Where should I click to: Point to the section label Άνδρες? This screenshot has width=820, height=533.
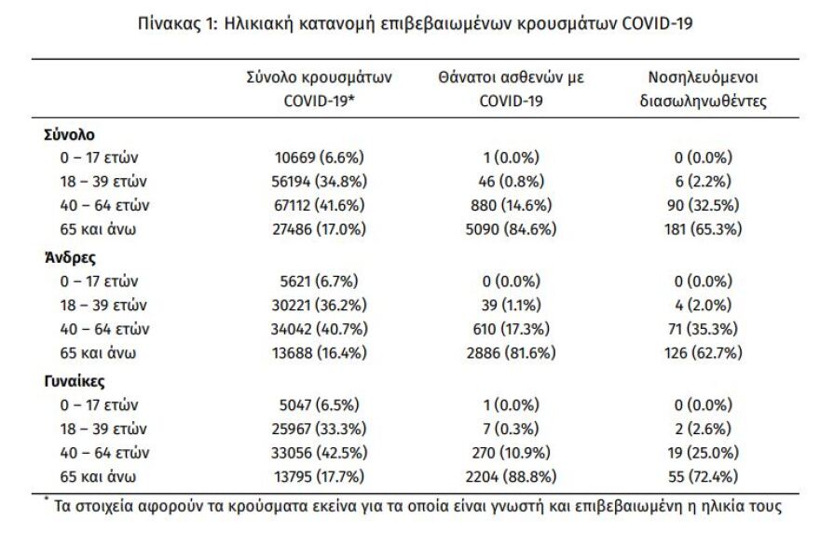(67, 259)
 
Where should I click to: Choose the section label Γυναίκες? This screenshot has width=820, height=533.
(73, 381)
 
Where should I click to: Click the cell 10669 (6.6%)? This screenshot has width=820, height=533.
(320, 157)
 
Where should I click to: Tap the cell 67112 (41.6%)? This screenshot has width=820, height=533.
(320, 204)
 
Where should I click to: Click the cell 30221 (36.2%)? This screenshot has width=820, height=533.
(320, 304)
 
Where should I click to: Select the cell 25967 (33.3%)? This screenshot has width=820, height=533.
(320, 428)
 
